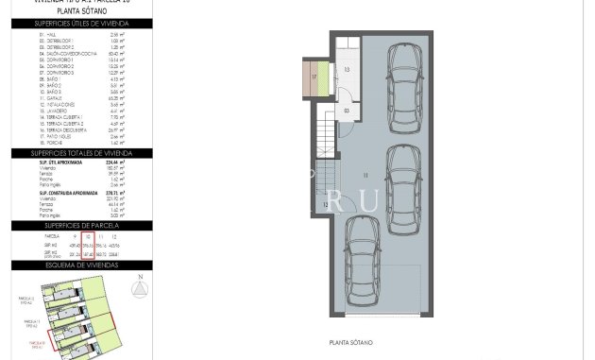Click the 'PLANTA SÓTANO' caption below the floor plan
[x=350, y=343]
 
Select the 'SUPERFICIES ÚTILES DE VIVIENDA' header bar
[x=81, y=24]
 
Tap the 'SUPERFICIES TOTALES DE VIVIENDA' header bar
[x=81, y=153]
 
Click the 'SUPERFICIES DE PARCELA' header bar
[x=81, y=226]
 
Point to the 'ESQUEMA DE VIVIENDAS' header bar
[x=81, y=266]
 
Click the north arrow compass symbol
[x=139, y=286]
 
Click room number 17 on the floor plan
[x=314, y=77]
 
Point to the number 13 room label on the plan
[x=347, y=70]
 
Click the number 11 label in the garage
[x=365, y=175]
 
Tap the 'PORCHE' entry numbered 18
[x=53, y=143]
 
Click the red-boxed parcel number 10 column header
[x=88, y=236]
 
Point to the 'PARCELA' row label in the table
[x=53, y=236]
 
